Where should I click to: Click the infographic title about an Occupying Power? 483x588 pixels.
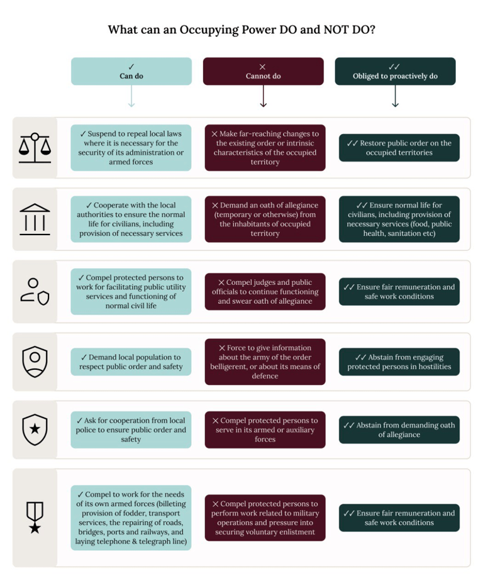tap(241, 30)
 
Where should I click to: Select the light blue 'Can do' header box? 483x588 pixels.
tap(131, 71)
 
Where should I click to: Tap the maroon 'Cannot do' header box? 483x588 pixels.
tap(263, 71)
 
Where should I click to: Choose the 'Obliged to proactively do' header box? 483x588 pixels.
tap(395, 71)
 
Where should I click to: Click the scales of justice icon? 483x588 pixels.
tap(35, 148)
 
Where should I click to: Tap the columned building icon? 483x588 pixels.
tap(35, 219)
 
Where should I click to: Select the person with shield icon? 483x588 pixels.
tap(35, 292)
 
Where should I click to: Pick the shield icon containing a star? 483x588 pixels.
tap(35, 430)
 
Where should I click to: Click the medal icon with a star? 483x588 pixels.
tap(35, 518)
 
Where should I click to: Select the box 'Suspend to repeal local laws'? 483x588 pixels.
tap(131, 148)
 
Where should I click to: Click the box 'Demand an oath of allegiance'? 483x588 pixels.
tap(265, 219)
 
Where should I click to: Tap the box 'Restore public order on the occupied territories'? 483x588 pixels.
tap(399, 148)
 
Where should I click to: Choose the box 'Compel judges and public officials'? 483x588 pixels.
tap(265, 292)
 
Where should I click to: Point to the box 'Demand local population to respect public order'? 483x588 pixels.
tap(131, 362)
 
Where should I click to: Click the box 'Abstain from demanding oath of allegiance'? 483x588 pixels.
tap(399, 430)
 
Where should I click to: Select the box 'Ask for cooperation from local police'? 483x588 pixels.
tap(131, 430)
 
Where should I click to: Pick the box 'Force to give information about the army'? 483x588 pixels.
tap(265, 362)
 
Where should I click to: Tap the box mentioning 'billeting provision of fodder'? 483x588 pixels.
tap(131, 518)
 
